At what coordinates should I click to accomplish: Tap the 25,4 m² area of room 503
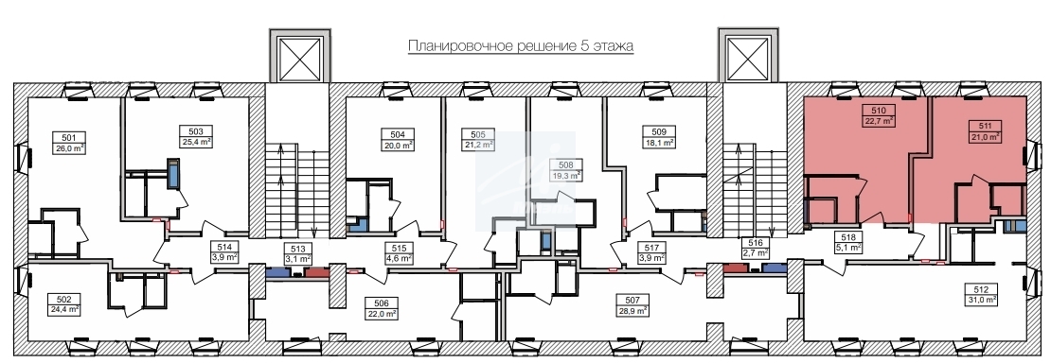(x=196, y=142)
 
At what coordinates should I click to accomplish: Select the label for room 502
(x=63, y=300)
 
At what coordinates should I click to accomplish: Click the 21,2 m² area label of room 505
(x=478, y=144)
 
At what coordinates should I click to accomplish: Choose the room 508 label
(x=566, y=164)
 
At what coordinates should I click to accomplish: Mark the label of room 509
(x=658, y=132)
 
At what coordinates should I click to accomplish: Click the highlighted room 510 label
(x=880, y=112)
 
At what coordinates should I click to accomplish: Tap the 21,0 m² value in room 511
(x=985, y=135)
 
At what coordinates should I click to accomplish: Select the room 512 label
(x=980, y=289)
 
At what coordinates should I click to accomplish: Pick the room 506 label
(x=382, y=303)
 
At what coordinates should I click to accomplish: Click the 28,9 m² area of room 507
(x=632, y=311)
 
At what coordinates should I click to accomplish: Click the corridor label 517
(x=650, y=247)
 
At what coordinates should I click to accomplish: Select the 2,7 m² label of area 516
(x=757, y=253)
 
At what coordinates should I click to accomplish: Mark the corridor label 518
(x=847, y=237)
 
